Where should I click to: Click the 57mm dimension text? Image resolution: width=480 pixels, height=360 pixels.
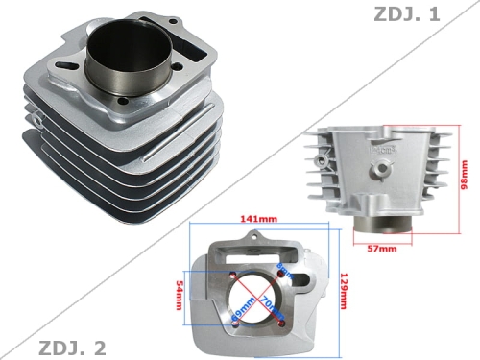[x=383, y=249]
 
